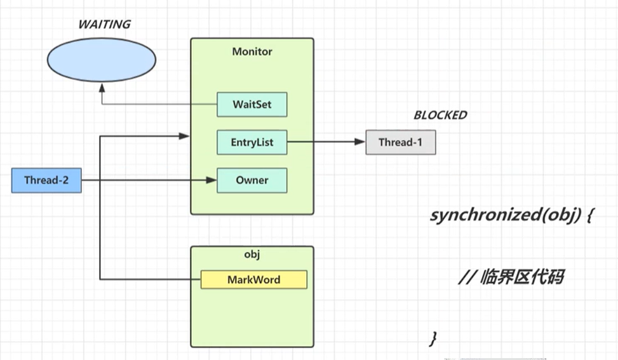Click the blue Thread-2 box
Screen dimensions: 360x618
pyautogui.click(x=46, y=180)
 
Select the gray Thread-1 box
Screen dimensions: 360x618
pyautogui.click(x=400, y=142)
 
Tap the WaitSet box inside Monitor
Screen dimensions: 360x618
pyautogui.click(x=252, y=105)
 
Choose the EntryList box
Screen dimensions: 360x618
pyautogui.click(x=252, y=142)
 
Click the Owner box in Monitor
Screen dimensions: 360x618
pyautogui.click(x=252, y=180)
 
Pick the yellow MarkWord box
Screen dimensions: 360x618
pyautogui.click(x=253, y=279)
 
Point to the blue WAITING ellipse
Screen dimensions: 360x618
pyautogui.click(x=102, y=60)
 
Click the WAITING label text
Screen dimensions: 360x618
pyautogui.click(x=104, y=25)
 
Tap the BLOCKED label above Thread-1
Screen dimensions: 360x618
pyautogui.click(x=440, y=116)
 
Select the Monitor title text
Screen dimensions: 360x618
pyautogui.click(x=252, y=51)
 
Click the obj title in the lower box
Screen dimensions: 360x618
pyautogui.click(x=252, y=255)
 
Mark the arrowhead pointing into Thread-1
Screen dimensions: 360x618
pyautogui.click(x=361, y=142)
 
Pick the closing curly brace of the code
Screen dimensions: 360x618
pyautogui.click(x=433, y=338)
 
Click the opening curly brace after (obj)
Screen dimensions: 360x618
pyautogui.click(x=589, y=216)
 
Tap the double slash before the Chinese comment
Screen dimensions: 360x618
pyautogui.click(x=467, y=277)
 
